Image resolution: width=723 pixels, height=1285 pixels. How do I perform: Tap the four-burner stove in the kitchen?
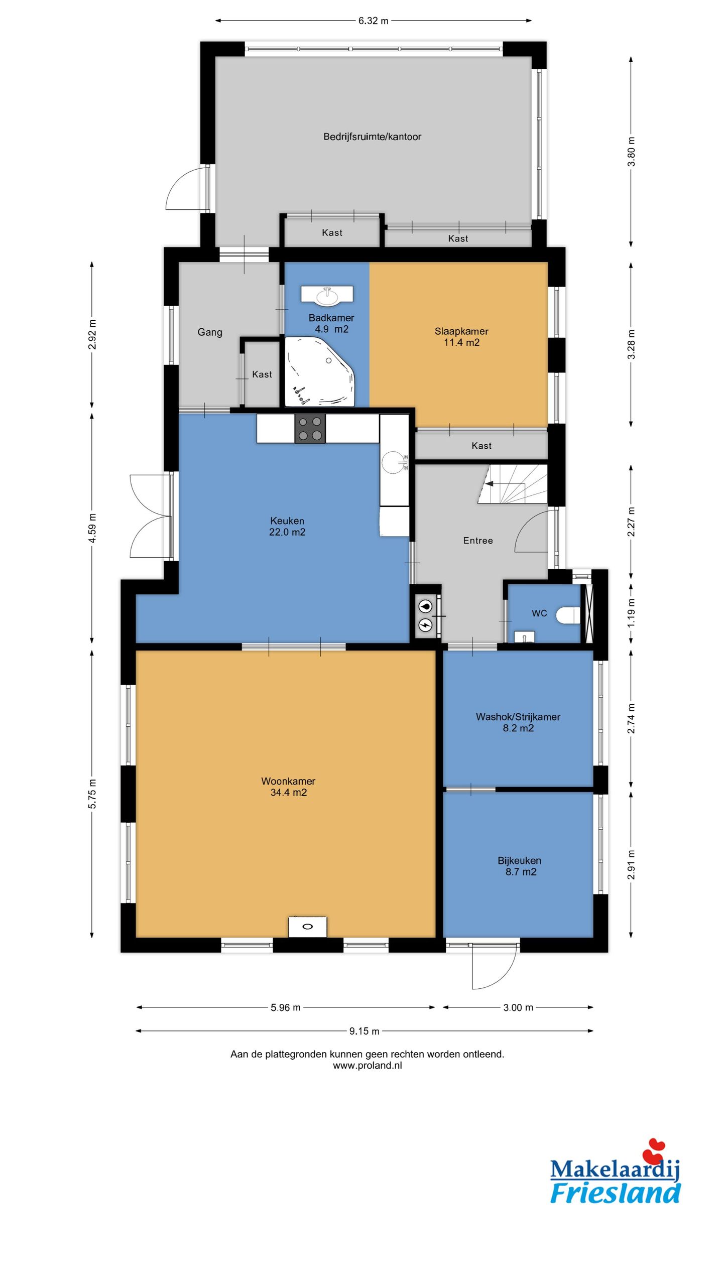coord(310,429)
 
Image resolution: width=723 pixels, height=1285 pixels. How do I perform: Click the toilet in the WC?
coord(568,615)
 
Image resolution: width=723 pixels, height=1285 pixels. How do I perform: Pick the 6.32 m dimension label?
coord(373,21)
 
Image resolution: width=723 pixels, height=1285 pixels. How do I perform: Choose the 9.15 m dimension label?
coord(365,1031)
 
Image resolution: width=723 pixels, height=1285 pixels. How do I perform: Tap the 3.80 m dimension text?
coord(632,152)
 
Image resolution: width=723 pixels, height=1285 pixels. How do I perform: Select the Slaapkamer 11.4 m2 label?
coord(461,337)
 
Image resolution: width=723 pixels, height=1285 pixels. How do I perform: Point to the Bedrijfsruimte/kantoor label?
coord(372,137)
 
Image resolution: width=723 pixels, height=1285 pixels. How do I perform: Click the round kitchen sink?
coord(393,462)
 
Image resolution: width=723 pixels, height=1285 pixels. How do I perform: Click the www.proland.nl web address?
coord(368,1066)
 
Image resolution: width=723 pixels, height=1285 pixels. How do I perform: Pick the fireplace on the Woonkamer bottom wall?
coord(307,926)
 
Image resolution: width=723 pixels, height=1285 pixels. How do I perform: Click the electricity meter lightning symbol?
coord(426,625)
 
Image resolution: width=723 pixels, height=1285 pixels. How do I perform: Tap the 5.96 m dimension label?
coord(286,1007)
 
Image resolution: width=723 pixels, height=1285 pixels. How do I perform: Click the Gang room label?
coord(210,332)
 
